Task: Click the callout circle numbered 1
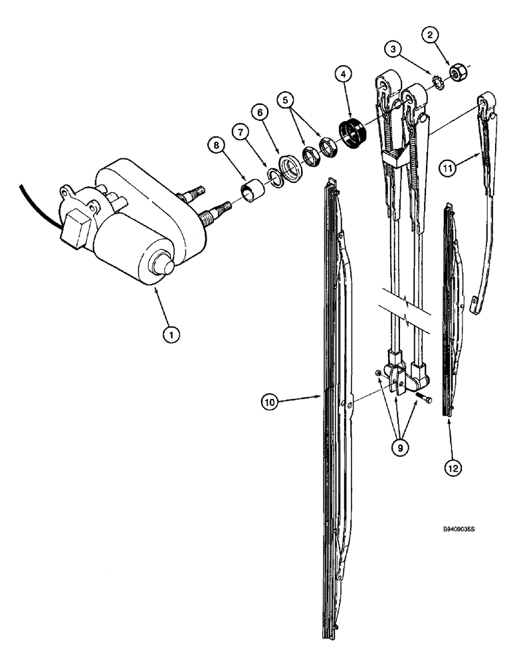coord(172,336)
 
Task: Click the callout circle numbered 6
coord(261,114)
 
